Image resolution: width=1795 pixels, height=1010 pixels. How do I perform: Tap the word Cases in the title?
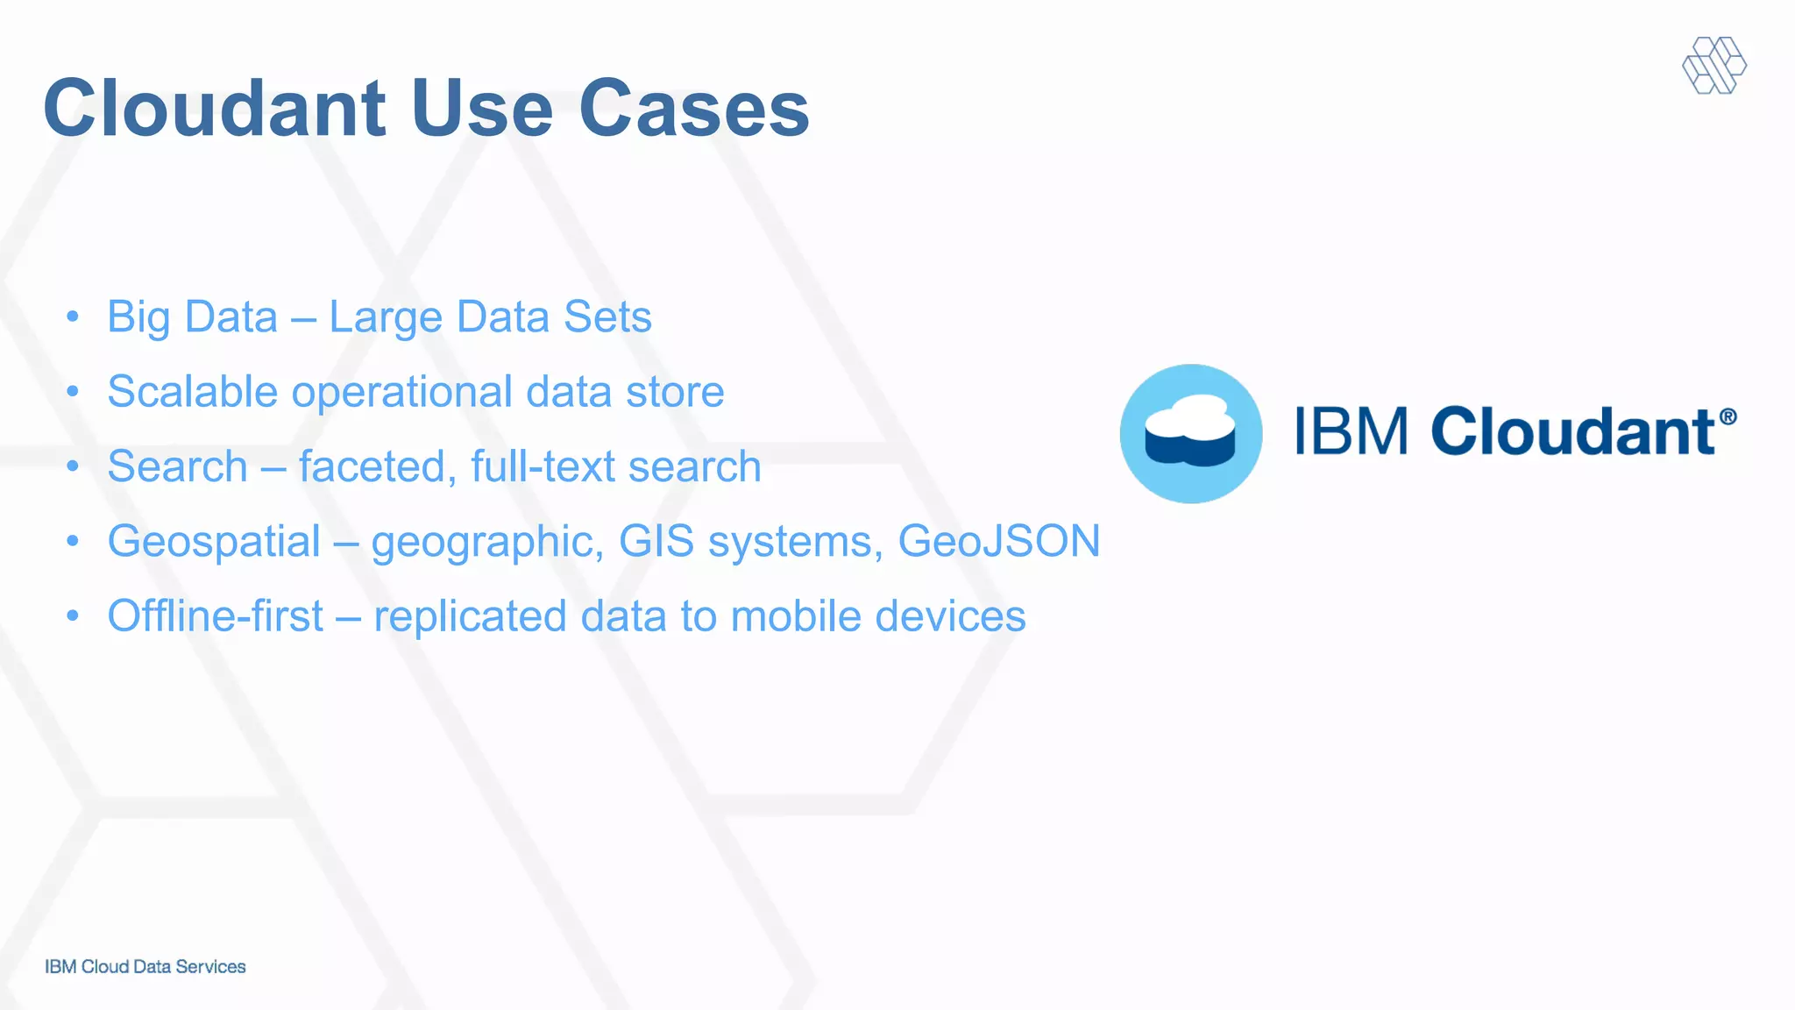pyautogui.click(x=693, y=109)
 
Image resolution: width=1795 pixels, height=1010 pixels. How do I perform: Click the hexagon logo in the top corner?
pyautogui.click(x=1714, y=65)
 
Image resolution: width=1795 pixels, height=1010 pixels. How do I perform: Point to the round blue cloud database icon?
pyautogui.click(x=1191, y=434)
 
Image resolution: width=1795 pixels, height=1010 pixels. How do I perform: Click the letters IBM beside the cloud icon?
pyautogui.click(x=1352, y=431)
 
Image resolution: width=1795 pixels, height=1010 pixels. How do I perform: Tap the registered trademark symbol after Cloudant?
pyautogui.click(x=1728, y=416)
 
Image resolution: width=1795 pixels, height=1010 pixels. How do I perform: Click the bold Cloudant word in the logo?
pyautogui.click(x=1572, y=431)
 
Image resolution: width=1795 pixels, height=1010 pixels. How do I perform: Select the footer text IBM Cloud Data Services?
pyautogui.click(x=145, y=966)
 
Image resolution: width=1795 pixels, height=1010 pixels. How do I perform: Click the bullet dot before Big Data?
pyautogui.click(x=73, y=316)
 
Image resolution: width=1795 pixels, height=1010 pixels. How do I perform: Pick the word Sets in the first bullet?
pyautogui.click(x=607, y=317)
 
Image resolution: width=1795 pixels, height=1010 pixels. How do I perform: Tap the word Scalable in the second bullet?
pyautogui.click(x=192, y=391)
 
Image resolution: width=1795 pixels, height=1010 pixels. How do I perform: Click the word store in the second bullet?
pyautogui.click(x=675, y=392)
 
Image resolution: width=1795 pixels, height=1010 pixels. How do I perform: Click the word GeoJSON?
pyautogui.click(x=998, y=541)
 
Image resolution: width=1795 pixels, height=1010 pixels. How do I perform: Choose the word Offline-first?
pyautogui.click(x=216, y=615)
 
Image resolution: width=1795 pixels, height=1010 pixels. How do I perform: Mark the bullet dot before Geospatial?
pyautogui.click(x=73, y=541)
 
